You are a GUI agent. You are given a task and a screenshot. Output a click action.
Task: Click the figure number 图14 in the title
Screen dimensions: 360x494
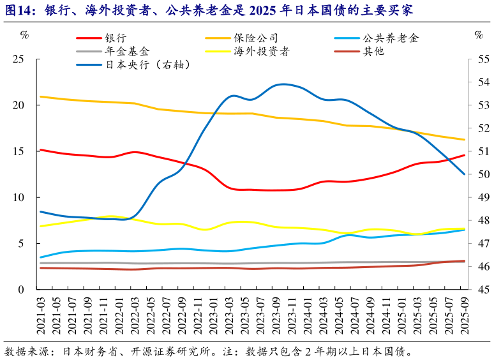[16, 10]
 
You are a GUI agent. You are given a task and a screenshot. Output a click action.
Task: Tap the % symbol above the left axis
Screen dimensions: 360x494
[24, 36]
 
